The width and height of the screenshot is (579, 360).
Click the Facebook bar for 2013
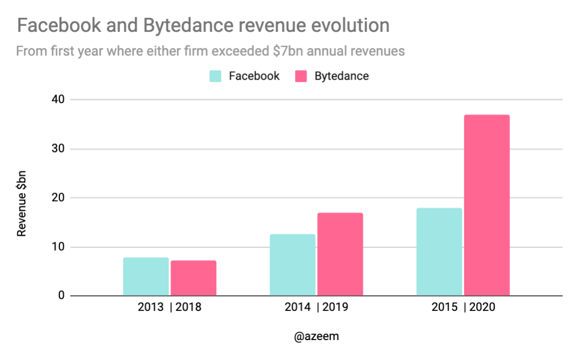(x=146, y=276)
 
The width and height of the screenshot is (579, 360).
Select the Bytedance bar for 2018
(x=194, y=278)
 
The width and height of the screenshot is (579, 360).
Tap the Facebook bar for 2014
(x=292, y=265)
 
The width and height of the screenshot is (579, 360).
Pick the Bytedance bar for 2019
(x=340, y=254)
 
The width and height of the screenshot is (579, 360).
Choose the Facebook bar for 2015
(x=439, y=252)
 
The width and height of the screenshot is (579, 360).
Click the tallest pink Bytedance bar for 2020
(x=486, y=205)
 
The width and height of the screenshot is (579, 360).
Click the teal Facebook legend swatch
(x=216, y=76)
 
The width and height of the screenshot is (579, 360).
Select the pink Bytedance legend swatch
(x=301, y=76)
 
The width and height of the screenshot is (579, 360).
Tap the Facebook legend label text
(x=254, y=76)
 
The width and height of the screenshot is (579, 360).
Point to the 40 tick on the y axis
(x=58, y=100)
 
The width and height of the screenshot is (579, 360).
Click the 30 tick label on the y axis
(x=58, y=149)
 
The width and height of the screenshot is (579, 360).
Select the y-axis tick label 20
(x=58, y=198)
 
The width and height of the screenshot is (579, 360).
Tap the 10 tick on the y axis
(x=58, y=247)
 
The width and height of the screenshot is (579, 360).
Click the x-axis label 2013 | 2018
(x=170, y=308)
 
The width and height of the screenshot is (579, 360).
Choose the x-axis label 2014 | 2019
(x=316, y=308)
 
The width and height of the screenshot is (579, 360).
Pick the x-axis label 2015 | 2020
(x=463, y=308)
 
